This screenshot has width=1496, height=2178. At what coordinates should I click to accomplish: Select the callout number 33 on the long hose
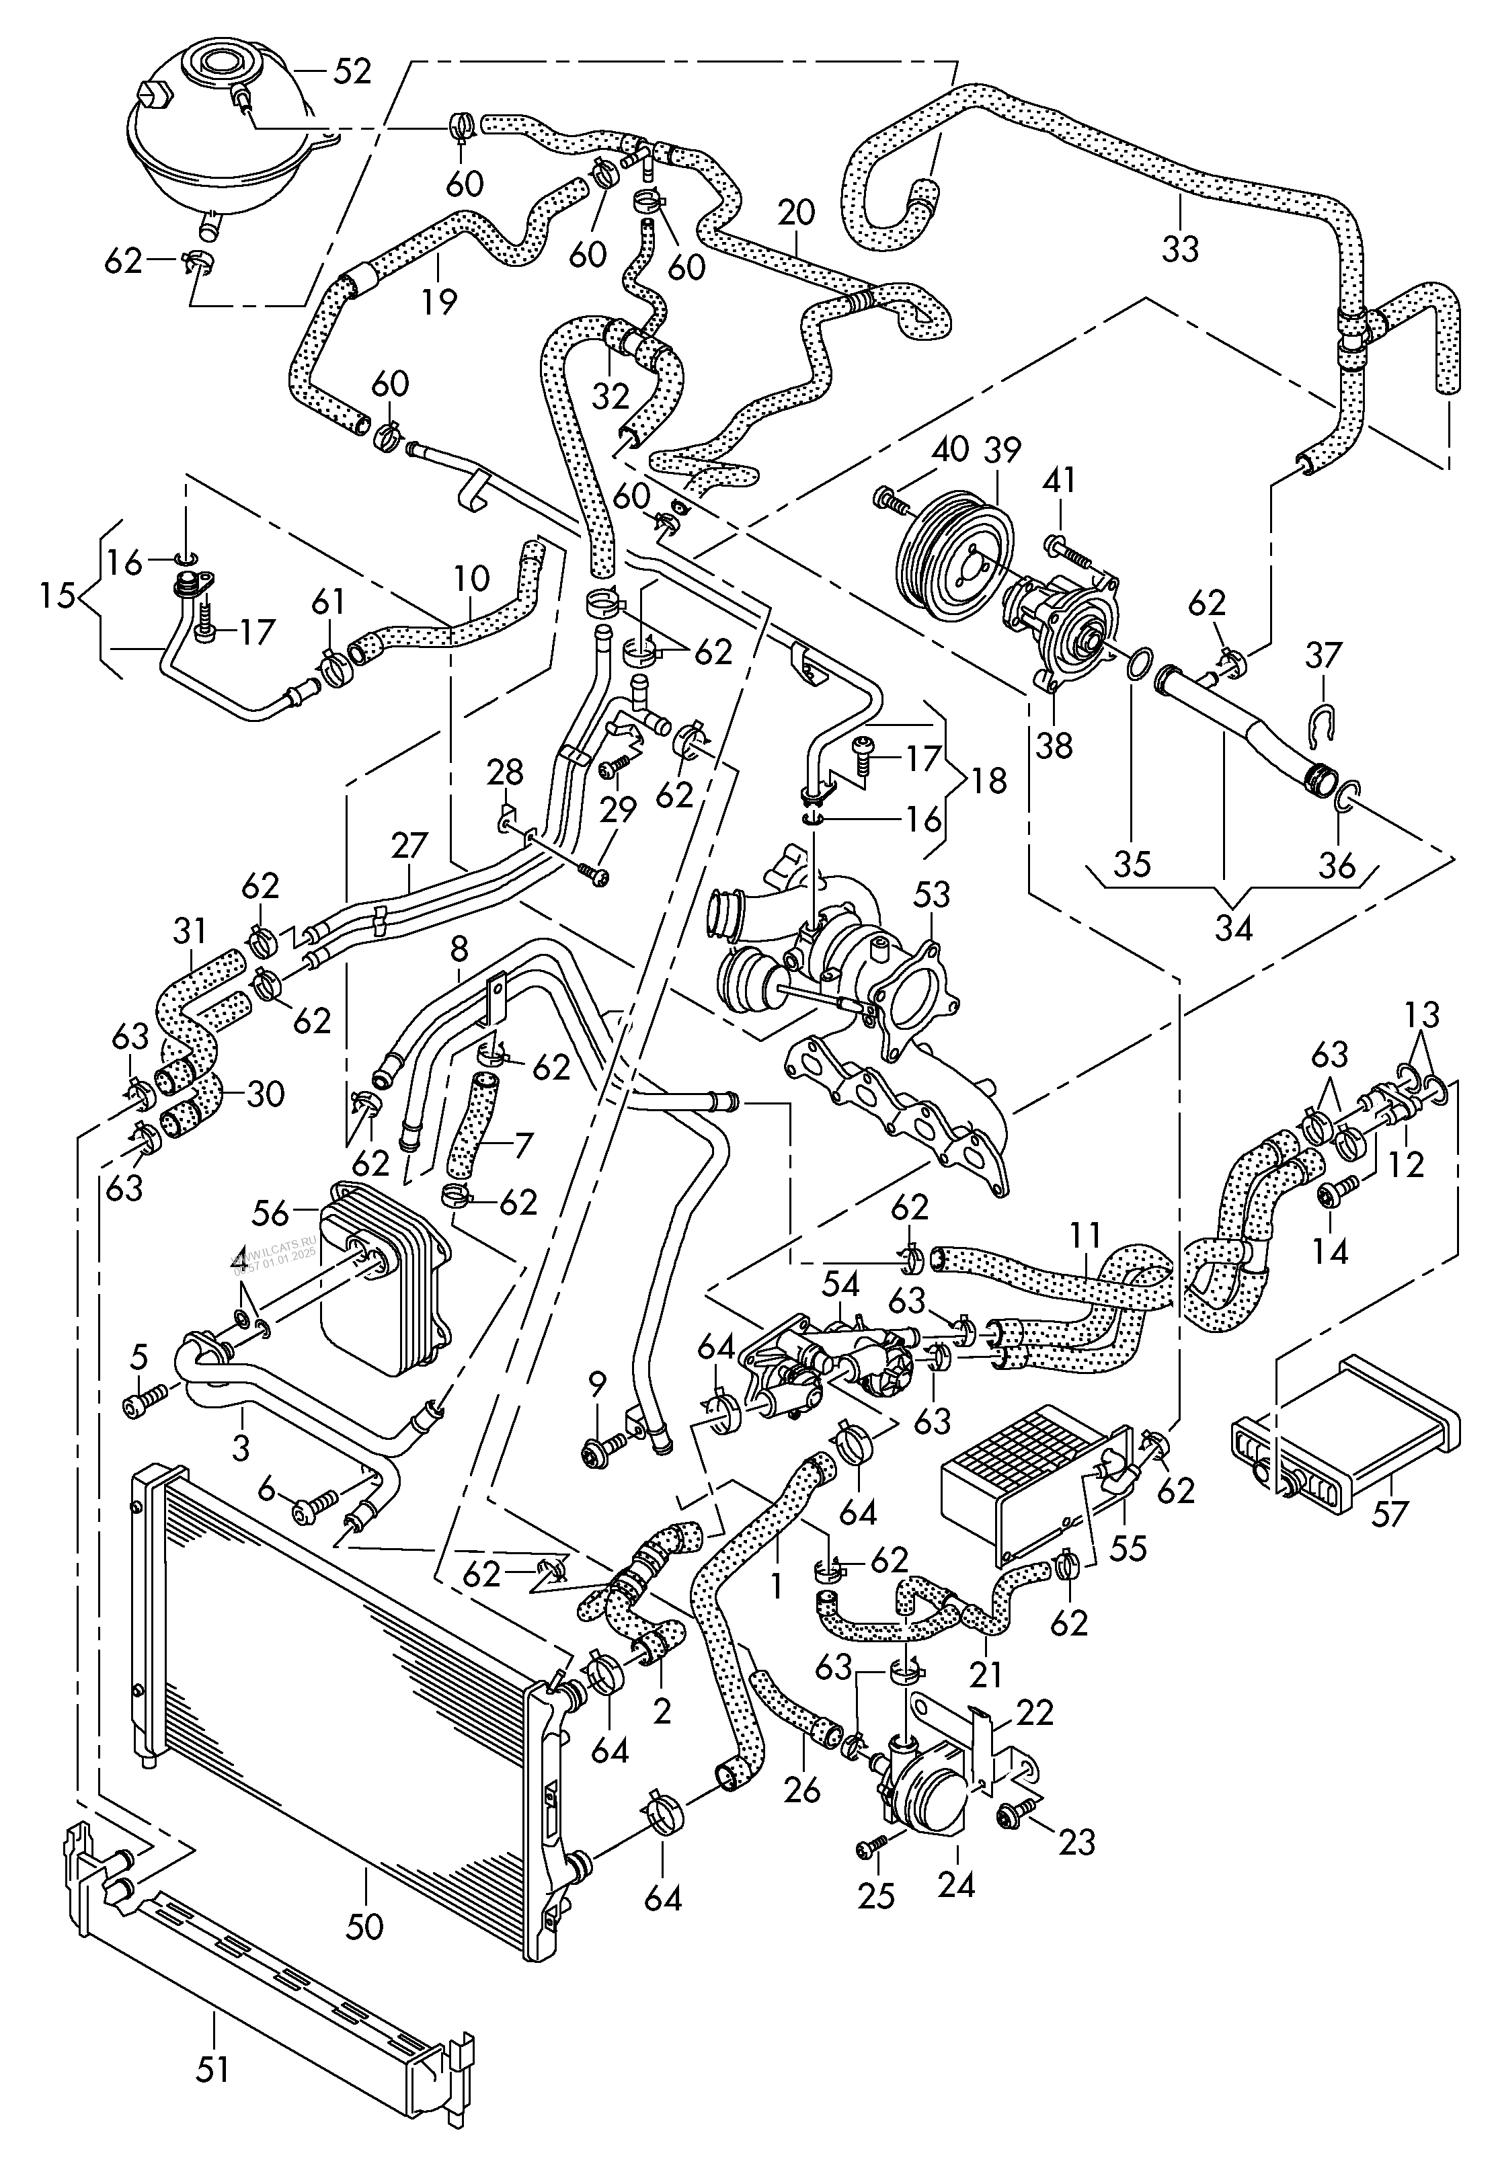tap(1180, 249)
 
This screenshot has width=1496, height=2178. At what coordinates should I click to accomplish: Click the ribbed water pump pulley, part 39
tap(951, 552)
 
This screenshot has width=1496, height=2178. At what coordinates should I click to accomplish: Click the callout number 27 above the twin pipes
tap(409, 844)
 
